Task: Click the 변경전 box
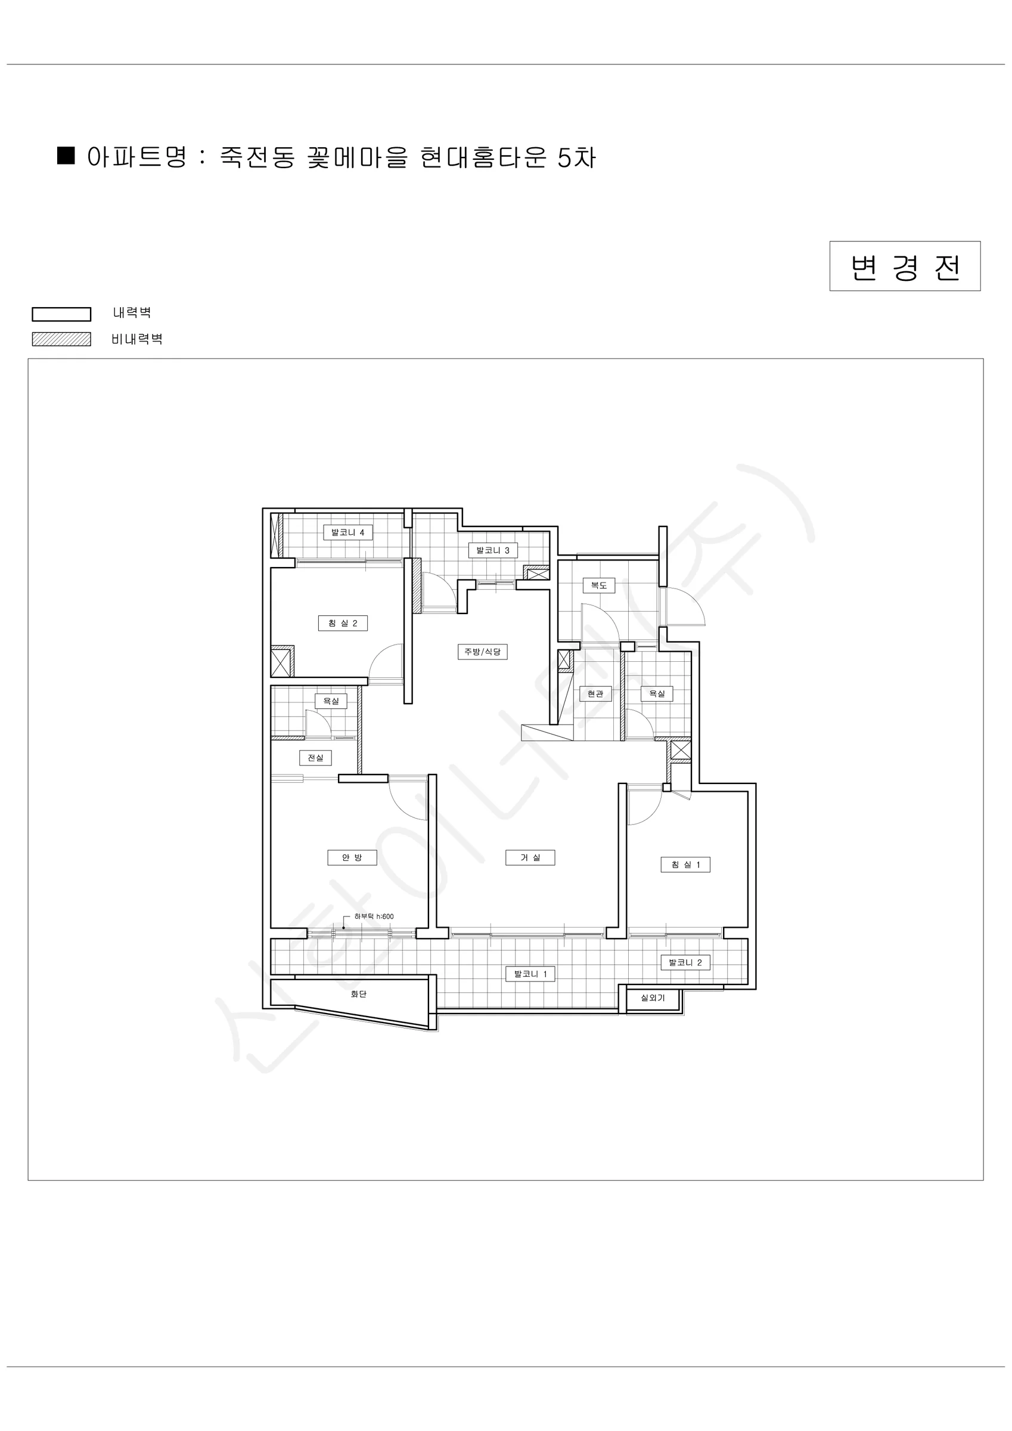(905, 266)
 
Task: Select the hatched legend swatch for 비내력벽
(62, 339)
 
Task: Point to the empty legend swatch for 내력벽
(62, 314)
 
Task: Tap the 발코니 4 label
(347, 532)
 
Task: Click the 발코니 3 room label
(493, 550)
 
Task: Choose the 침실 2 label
(343, 623)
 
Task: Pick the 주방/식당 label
(482, 652)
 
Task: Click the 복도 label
(599, 586)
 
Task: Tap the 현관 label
(595, 693)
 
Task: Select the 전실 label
(316, 758)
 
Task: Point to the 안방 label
(352, 857)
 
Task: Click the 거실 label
(530, 857)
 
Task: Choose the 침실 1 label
(685, 865)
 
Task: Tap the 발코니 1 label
(530, 974)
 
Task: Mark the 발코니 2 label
(685, 962)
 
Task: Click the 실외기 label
(653, 998)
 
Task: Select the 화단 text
(358, 994)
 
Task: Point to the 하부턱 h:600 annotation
(374, 916)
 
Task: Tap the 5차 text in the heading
(576, 157)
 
